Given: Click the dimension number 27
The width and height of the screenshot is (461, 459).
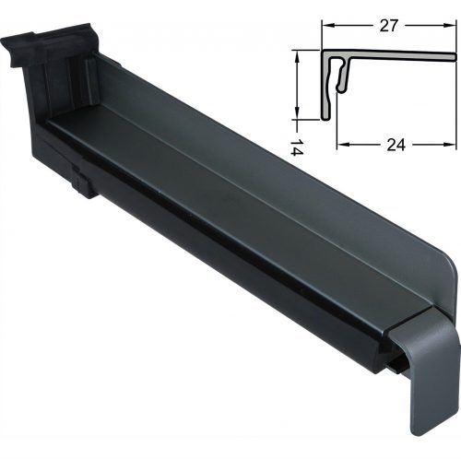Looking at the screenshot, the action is pos(388,26).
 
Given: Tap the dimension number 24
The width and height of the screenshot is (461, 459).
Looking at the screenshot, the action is pos(396,145).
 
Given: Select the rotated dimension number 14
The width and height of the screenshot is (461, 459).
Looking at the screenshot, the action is pos(297,147).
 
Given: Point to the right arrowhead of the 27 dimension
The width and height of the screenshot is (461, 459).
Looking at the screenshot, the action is pos(449,26).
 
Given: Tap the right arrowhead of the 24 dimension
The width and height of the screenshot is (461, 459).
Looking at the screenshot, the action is pos(449,145).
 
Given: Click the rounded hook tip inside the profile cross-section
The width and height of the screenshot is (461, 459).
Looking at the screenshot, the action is pos(340,88).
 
